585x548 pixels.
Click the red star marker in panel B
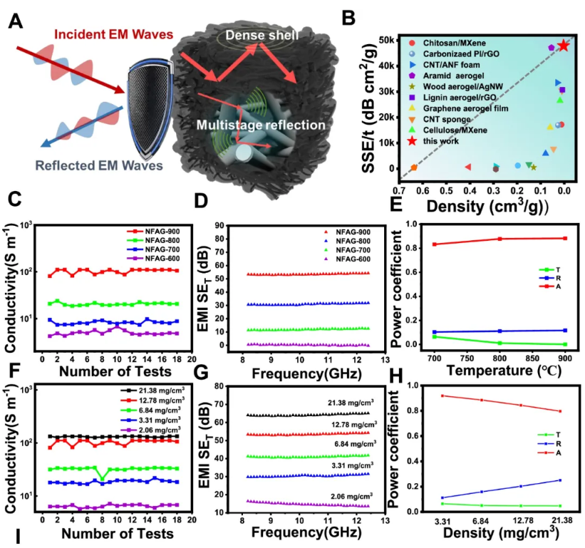(x=564, y=45)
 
